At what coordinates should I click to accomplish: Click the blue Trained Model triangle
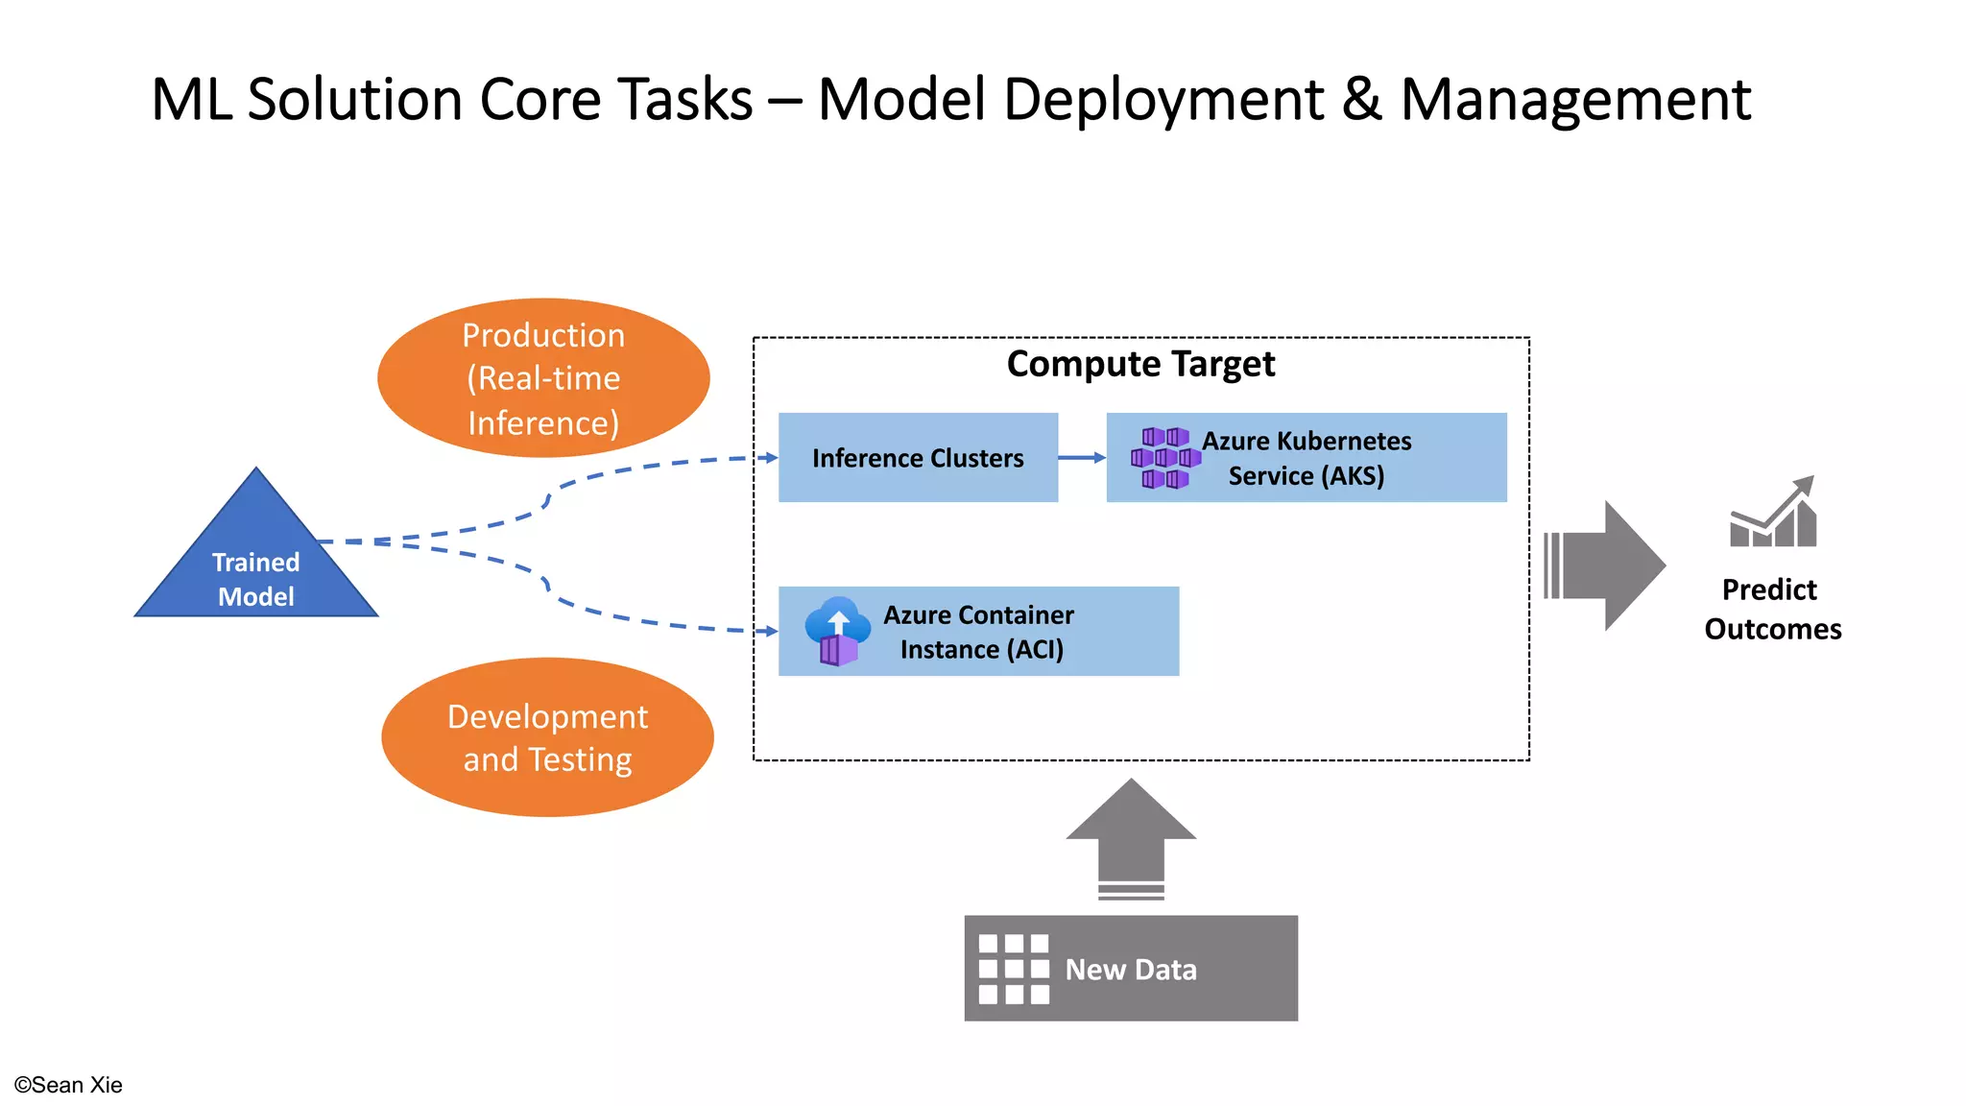click(x=255, y=566)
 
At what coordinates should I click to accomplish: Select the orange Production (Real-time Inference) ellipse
click(x=543, y=378)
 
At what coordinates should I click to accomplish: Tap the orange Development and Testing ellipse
click(x=547, y=737)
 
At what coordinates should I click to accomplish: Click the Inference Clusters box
click(x=918, y=458)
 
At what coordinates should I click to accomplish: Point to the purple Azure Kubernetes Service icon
click(x=1164, y=458)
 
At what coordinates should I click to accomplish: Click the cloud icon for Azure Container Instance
click(x=837, y=630)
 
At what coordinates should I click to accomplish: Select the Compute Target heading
click(x=1140, y=365)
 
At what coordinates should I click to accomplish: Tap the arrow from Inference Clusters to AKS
click(x=1082, y=458)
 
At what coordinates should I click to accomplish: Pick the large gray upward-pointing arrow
click(x=1131, y=835)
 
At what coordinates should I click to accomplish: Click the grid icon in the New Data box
click(x=1013, y=969)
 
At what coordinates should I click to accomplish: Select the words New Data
click(x=1131, y=970)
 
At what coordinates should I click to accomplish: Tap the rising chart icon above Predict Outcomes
click(x=1773, y=515)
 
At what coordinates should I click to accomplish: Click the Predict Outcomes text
click(x=1772, y=609)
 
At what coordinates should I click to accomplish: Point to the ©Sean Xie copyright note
click(x=68, y=1085)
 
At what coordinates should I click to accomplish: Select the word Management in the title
click(x=1575, y=100)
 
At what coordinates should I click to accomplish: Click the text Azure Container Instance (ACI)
click(x=980, y=632)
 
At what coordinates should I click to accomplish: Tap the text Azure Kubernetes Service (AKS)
click(x=1307, y=458)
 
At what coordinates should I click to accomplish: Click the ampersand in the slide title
click(x=1362, y=100)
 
